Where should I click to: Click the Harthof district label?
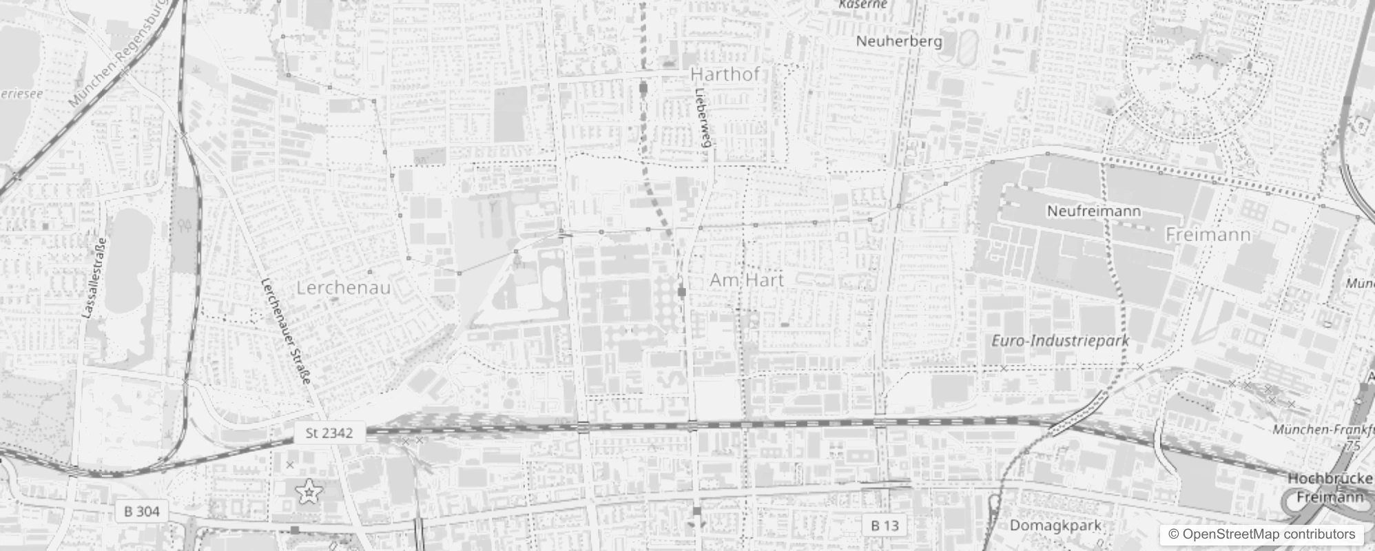click(x=724, y=74)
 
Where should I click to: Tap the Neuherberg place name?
click(x=898, y=41)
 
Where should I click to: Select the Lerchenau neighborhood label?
click(x=343, y=287)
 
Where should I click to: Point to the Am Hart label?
click(x=747, y=280)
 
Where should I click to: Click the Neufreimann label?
click(x=1093, y=211)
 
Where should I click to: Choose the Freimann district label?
click(x=1208, y=235)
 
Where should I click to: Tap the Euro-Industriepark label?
click(x=1060, y=340)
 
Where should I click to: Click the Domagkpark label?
click(x=1055, y=526)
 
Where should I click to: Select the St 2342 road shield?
click(x=329, y=433)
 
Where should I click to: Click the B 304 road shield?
click(x=142, y=511)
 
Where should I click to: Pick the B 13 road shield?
click(x=885, y=526)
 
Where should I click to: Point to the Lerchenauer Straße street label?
click(x=286, y=331)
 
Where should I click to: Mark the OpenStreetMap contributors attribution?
click(x=1261, y=534)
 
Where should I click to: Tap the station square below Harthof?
click(x=643, y=88)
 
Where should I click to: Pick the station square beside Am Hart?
click(x=682, y=293)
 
